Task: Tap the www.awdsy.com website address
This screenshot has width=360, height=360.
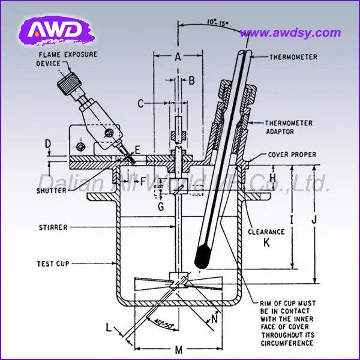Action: pos(293,33)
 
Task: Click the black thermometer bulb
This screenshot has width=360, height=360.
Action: pos(203,257)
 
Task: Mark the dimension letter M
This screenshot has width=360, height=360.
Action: pos(178,350)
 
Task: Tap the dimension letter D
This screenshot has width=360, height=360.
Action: pos(48,143)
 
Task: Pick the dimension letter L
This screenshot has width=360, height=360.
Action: pos(108,328)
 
